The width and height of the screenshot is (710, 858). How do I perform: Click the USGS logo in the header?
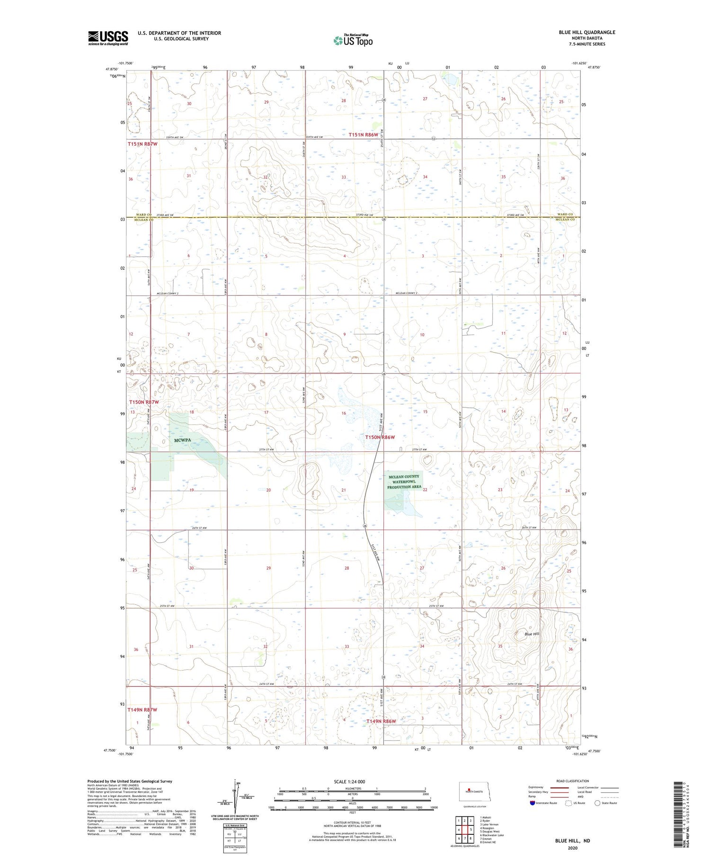click(x=108, y=38)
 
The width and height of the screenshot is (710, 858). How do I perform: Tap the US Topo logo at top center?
click(x=353, y=40)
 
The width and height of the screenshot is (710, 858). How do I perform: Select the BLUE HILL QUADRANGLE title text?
click(x=586, y=32)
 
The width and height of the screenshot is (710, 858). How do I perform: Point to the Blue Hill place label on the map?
click(x=532, y=634)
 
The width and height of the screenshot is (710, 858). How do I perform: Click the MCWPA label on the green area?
click(x=182, y=440)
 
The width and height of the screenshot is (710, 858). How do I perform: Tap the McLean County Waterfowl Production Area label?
click(x=404, y=482)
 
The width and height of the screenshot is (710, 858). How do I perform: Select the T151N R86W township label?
click(x=364, y=135)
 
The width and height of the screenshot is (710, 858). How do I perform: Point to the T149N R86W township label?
click(x=381, y=721)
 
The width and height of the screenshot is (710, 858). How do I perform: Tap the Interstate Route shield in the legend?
click(x=532, y=803)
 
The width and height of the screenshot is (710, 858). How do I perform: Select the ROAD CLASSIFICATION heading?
click(x=572, y=781)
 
